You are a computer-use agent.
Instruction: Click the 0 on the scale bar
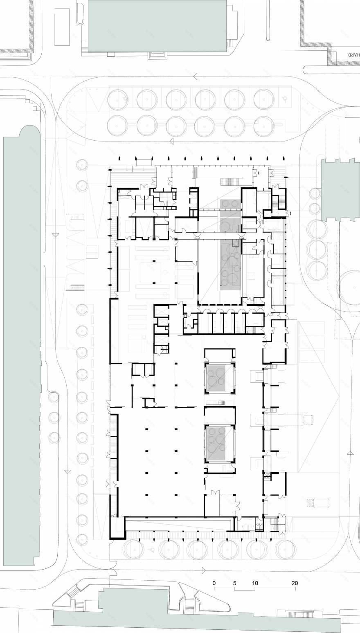coord(214,582)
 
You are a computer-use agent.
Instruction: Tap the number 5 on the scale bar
coord(235,582)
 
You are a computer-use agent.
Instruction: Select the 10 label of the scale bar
coord(255,582)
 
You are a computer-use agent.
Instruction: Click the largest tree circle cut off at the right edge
coord(351,287)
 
